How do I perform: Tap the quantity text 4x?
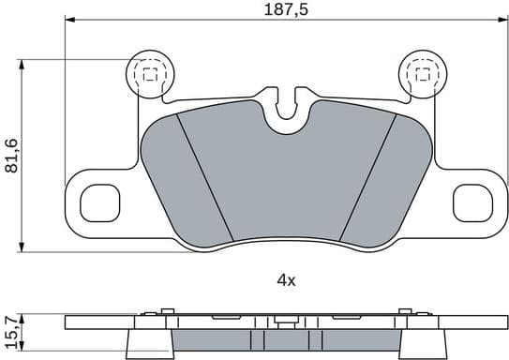(286, 280)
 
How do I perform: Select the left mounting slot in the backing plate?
(97, 201)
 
